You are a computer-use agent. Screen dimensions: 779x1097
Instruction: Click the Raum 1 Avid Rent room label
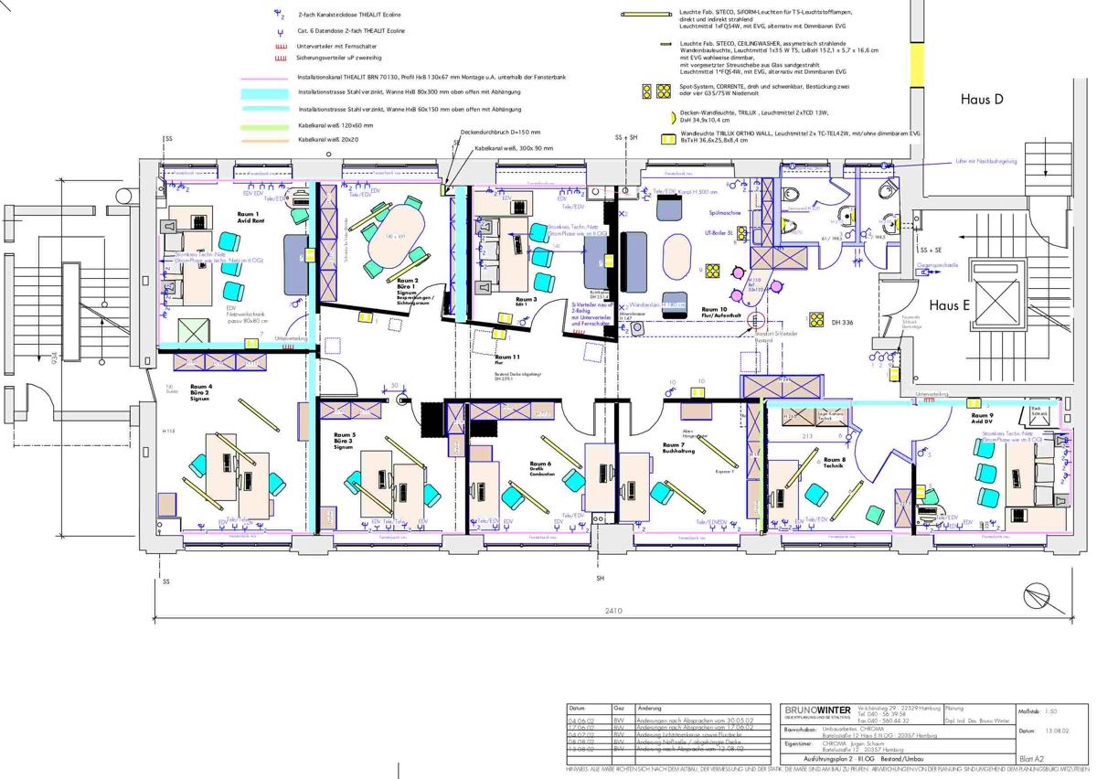250,216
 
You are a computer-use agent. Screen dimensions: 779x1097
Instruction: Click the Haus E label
950,305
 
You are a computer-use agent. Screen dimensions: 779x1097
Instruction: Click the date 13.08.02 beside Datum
1056,731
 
